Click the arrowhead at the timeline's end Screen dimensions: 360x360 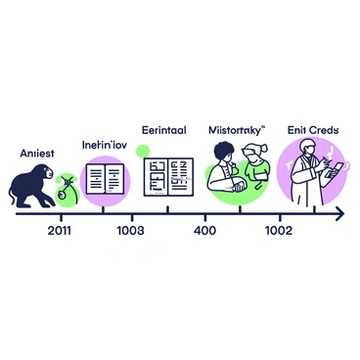pos(337,212)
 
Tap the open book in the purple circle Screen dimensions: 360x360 pos(104,178)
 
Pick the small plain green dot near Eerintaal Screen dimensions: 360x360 pos(143,151)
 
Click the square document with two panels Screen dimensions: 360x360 pos(167,179)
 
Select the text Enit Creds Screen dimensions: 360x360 pos(312,128)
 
